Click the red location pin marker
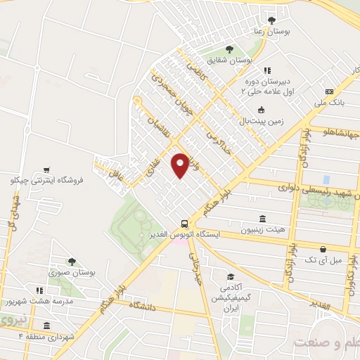coord(181,165)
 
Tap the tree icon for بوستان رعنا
coord(271,20)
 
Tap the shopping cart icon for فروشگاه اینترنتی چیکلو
coord(46,169)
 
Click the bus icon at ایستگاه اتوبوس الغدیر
coord(184,220)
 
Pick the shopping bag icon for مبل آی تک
coord(322,249)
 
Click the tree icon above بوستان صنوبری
coord(71,261)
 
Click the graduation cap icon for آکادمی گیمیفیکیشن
coord(229,277)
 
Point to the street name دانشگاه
coord(150,307)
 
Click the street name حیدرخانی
coord(196,270)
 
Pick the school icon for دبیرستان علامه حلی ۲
coord(266,70)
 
